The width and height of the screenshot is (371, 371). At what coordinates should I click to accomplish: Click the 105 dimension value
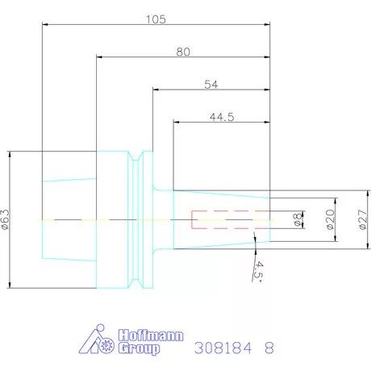[x=155, y=19]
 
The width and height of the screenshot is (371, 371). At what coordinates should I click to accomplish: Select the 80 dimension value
[x=182, y=51]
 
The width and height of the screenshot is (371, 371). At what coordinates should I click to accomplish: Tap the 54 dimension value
[x=211, y=84]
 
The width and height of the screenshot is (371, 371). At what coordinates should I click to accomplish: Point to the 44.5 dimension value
[x=221, y=117]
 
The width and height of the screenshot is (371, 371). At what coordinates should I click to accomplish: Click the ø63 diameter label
[x=6, y=219]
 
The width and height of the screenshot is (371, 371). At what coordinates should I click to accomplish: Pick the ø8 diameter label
[x=296, y=219]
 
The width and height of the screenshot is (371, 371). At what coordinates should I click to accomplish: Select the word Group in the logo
[x=139, y=348]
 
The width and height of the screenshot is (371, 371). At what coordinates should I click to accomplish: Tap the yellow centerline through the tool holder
[x=121, y=219]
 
